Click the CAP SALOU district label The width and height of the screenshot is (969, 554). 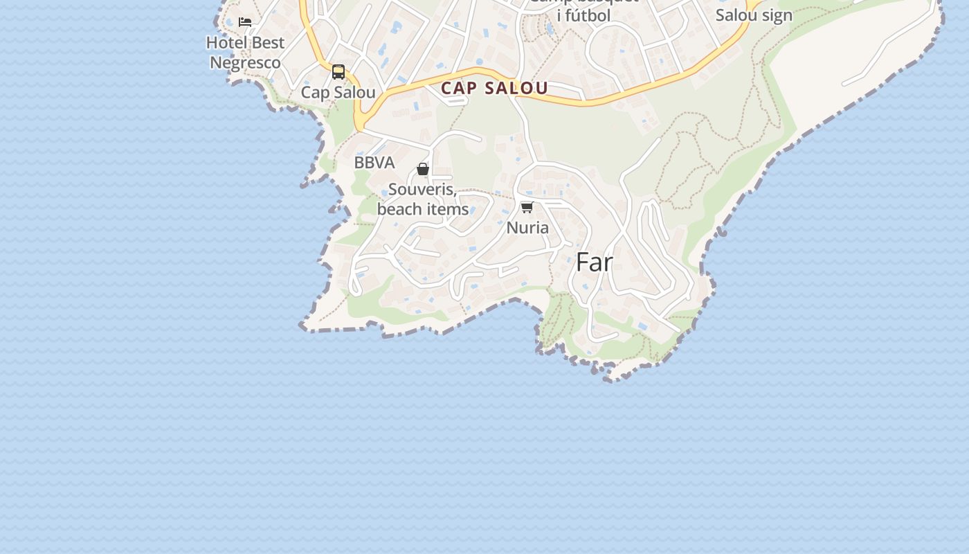tap(494, 89)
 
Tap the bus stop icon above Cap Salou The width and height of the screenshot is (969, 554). tap(338, 72)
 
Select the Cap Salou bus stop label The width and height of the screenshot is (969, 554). tap(338, 93)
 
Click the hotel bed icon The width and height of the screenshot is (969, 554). tap(245, 22)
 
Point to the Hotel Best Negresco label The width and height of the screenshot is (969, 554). tap(246, 53)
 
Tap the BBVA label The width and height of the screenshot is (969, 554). tap(374, 163)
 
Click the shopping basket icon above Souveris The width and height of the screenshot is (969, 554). tap(423, 169)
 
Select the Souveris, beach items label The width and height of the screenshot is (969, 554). tap(423, 199)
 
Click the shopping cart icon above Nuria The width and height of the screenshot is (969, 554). tap(527, 208)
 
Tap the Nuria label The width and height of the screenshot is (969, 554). tap(527, 228)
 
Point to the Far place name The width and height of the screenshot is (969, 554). tap(595, 262)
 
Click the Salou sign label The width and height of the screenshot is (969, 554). tap(754, 15)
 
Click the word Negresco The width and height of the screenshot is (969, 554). tap(246, 63)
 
